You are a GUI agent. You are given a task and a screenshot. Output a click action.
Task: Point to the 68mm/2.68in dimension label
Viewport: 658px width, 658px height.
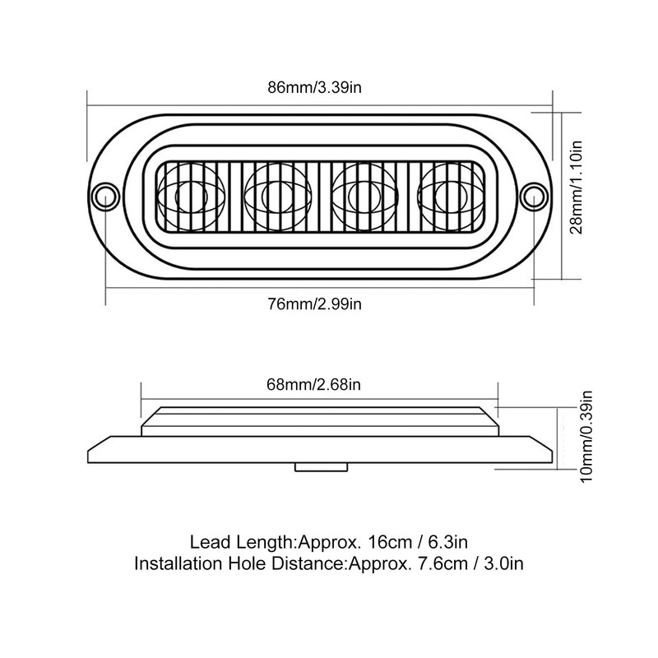tap(319, 383)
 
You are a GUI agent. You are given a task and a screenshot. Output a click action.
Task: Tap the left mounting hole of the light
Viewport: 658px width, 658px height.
tap(104, 195)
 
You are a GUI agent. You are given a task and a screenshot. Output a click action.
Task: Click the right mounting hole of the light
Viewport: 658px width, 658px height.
tap(535, 195)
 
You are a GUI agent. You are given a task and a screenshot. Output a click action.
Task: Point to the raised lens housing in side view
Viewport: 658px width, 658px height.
tap(319, 424)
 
